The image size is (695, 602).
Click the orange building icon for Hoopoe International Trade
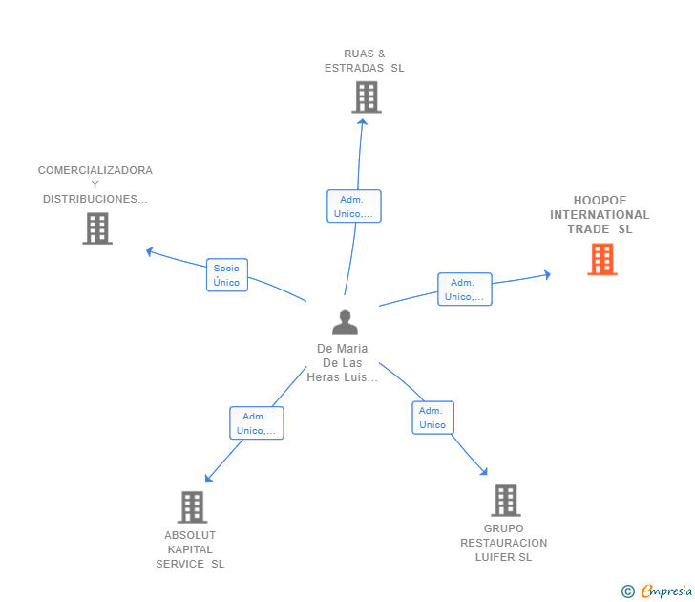click(x=601, y=259)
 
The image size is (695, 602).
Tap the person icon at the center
click(x=345, y=322)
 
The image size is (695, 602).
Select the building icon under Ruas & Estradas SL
click(x=367, y=97)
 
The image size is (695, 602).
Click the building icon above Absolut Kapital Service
click(x=193, y=507)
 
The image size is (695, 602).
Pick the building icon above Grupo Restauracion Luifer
click(x=506, y=501)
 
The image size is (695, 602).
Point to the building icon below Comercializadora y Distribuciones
click(x=97, y=228)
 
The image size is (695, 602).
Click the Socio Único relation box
click(x=227, y=275)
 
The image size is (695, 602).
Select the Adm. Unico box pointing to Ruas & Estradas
click(x=354, y=206)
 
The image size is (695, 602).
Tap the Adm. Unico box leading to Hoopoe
click(x=465, y=290)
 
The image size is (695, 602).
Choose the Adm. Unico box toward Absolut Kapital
click(x=257, y=423)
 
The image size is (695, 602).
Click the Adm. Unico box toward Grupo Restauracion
click(x=433, y=418)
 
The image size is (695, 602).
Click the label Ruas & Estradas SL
click(x=365, y=61)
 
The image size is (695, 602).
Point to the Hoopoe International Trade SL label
click(x=600, y=215)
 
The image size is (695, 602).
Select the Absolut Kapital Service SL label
click(x=190, y=549)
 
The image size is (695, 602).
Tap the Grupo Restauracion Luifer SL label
click(x=503, y=543)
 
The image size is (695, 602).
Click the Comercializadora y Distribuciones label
click(x=95, y=184)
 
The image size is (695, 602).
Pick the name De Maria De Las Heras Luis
click(x=342, y=363)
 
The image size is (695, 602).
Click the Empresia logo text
click(x=666, y=591)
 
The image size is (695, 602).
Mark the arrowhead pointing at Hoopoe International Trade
click(x=548, y=275)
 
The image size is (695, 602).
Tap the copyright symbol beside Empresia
click(x=628, y=591)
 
